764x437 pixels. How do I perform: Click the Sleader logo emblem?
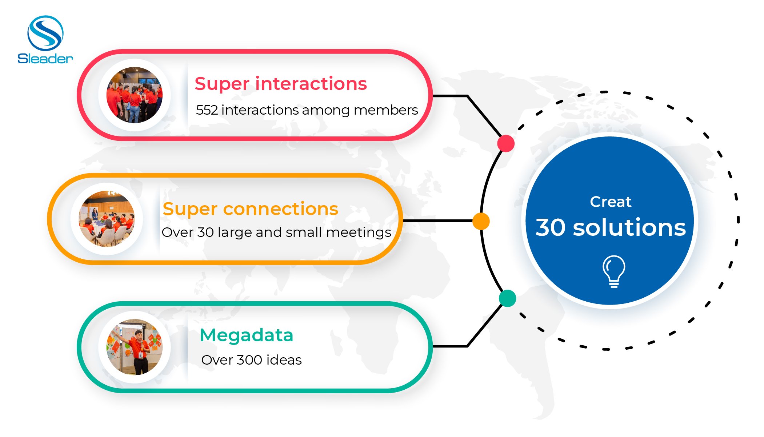click(x=45, y=33)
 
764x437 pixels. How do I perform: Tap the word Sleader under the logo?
click(x=45, y=59)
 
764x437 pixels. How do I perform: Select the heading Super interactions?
click(x=281, y=84)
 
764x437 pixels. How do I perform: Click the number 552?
click(x=207, y=110)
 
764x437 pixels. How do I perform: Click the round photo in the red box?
click(x=135, y=95)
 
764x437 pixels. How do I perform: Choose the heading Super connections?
click(x=250, y=209)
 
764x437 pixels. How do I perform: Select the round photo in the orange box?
click(x=107, y=219)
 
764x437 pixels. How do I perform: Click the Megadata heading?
click(x=247, y=335)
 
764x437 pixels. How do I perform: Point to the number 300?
click(x=249, y=360)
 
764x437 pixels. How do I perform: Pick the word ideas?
click(x=284, y=360)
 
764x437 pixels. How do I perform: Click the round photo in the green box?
click(x=135, y=347)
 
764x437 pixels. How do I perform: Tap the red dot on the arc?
click(x=506, y=143)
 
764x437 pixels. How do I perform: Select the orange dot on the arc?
click(x=481, y=221)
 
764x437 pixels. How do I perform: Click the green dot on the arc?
click(x=508, y=298)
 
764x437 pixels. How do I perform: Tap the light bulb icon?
click(x=614, y=271)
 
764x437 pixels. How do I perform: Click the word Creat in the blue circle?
click(x=611, y=202)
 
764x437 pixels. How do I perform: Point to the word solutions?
click(x=629, y=227)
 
